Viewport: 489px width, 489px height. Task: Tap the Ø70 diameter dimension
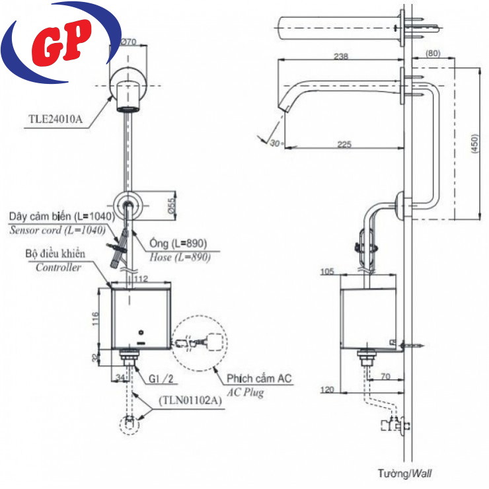(129, 42)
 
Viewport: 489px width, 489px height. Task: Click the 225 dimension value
(344, 145)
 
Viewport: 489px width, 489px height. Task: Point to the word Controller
(59, 268)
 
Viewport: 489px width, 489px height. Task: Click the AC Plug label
(246, 393)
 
